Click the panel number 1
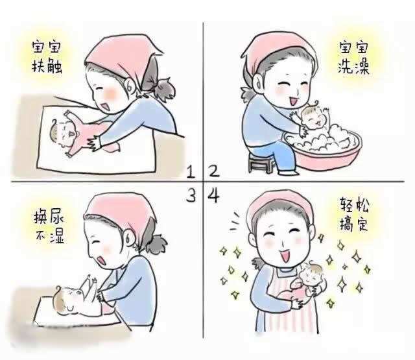click(x=191, y=172)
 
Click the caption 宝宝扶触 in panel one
click(x=50, y=56)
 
